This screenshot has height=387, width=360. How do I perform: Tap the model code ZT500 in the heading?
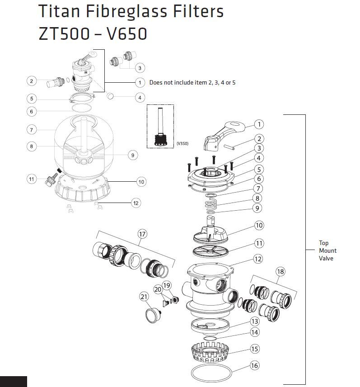66,33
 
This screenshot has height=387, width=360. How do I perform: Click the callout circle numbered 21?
144,297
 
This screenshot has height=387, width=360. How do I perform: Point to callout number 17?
143,234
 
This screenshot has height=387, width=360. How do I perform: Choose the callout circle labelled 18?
281,271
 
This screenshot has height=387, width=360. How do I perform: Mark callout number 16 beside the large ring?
254,365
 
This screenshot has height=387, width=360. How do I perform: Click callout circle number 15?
254,349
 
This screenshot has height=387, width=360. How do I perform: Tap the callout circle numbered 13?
254,321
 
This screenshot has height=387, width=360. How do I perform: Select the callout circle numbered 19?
167,285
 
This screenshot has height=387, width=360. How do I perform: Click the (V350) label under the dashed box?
182,143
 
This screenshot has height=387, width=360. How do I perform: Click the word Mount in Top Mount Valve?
327,250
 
